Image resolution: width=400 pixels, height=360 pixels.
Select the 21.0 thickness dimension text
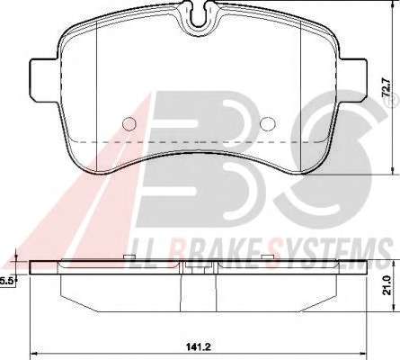tap(387, 285)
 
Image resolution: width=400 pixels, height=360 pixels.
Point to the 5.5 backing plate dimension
tap(7, 281)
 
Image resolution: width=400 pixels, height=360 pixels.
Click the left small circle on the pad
tap(129, 123)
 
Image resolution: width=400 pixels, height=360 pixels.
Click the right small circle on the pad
tap(268, 123)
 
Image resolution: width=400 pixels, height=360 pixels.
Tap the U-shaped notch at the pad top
tap(200, 16)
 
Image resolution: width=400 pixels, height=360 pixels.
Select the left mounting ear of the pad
tap(45, 80)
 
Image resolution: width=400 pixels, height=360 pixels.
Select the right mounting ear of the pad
tap(352, 80)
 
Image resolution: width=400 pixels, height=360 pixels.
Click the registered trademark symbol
tap(395, 103)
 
